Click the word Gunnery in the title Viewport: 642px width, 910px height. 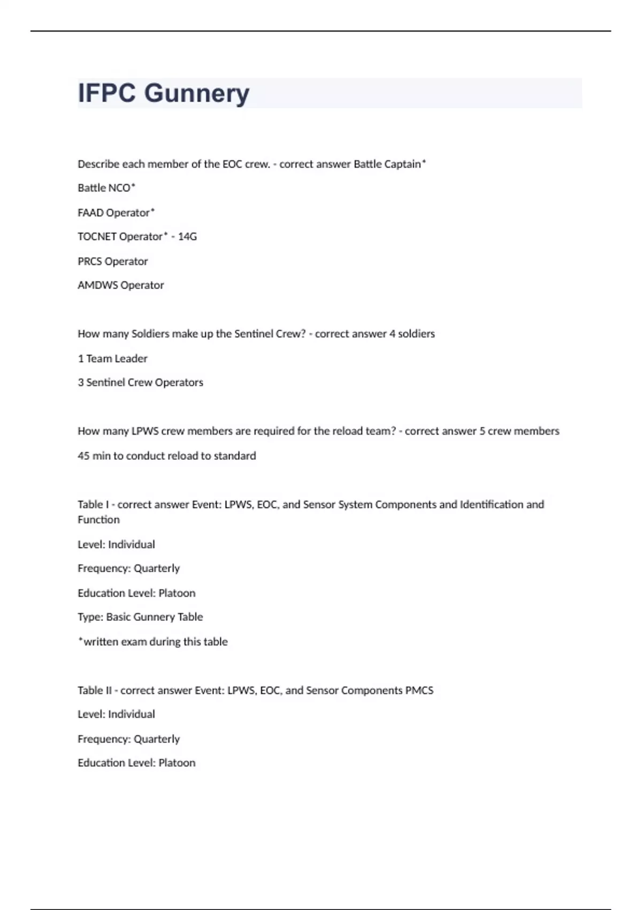tap(197, 94)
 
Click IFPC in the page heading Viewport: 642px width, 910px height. tap(107, 93)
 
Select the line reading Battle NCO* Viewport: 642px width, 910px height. tap(106, 188)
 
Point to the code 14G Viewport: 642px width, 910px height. tap(187, 237)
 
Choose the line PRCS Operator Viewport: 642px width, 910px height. tap(112, 262)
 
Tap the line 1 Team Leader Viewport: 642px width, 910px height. tap(112, 359)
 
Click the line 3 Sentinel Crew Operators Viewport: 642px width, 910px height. tap(140, 383)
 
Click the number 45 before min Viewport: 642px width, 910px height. tap(83, 456)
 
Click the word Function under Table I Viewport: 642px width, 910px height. tap(98, 520)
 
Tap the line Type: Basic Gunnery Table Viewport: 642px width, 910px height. tap(140, 617)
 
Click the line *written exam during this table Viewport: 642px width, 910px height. tap(152, 642)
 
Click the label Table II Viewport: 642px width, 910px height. tap(94, 691)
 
